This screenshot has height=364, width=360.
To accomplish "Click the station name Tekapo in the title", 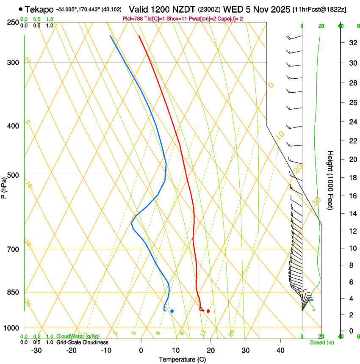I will click(x=39, y=9).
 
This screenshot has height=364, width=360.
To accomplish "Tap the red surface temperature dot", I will click(x=208, y=311).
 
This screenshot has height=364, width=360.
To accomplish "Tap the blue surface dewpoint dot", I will click(x=172, y=311).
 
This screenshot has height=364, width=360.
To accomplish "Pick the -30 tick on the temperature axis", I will click(x=36, y=350).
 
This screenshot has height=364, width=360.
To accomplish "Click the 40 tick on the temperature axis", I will click(x=280, y=350).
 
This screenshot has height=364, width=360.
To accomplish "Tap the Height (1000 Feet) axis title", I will click(x=330, y=180).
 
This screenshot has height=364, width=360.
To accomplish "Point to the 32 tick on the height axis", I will click(x=352, y=43).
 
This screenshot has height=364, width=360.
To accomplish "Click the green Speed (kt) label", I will click(x=322, y=342).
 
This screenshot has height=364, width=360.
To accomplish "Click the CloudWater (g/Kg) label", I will click(x=78, y=336).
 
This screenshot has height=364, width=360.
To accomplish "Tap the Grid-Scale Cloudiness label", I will click(x=82, y=342).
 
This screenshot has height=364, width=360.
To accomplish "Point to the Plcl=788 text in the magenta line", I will click(x=133, y=19).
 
